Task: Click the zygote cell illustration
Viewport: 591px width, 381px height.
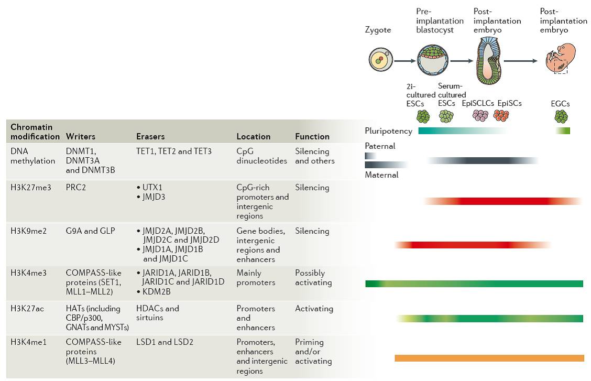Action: [x=381, y=60]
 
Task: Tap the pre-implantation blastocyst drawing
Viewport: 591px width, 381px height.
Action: [x=433, y=60]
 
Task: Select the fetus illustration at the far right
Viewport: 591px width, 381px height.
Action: [x=561, y=58]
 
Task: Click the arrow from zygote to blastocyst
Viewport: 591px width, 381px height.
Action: [x=405, y=60]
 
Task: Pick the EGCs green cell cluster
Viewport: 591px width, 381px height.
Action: [x=561, y=116]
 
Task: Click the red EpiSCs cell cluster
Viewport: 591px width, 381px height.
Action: [x=501, y=115]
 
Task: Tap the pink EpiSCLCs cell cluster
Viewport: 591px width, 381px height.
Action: [x=480, y=115]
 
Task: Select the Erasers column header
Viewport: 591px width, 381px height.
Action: [x=150, y=136]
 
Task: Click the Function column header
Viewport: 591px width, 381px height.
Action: [x=312, y=136]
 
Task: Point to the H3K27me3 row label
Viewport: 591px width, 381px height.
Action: [x=31, y=187]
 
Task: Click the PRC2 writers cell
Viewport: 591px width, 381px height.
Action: [x=76, y=187]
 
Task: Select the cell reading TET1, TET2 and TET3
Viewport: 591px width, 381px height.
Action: [x=174, y=151]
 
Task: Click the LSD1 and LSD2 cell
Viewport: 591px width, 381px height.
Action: [x=165, y=342]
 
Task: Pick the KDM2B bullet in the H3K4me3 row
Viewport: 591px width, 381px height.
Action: [x=154, y=291]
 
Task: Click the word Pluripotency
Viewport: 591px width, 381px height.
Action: [x=389, y=131]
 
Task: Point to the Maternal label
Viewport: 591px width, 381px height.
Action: [x=381, y=175]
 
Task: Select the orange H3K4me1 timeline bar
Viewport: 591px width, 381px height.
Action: [x=489, y=358]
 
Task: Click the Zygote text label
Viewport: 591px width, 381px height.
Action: [x=378, y=30]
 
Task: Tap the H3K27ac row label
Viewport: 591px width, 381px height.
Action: [x=27, y=309]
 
